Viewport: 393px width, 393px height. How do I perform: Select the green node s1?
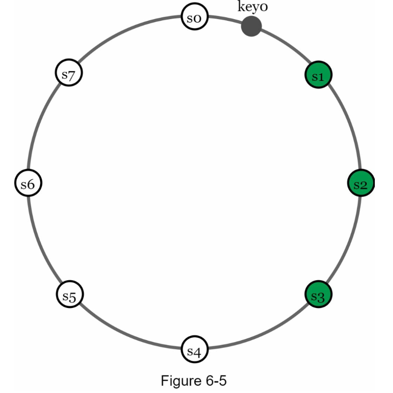click(318, 76)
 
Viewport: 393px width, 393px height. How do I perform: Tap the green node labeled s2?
click(361, 184)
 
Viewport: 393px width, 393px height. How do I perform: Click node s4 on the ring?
click(195, 350)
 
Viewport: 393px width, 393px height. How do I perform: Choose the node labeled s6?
click(28, 184)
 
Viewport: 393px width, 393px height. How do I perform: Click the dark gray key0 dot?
click(251, 26)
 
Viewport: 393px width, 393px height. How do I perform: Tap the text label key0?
click(253, 7)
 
